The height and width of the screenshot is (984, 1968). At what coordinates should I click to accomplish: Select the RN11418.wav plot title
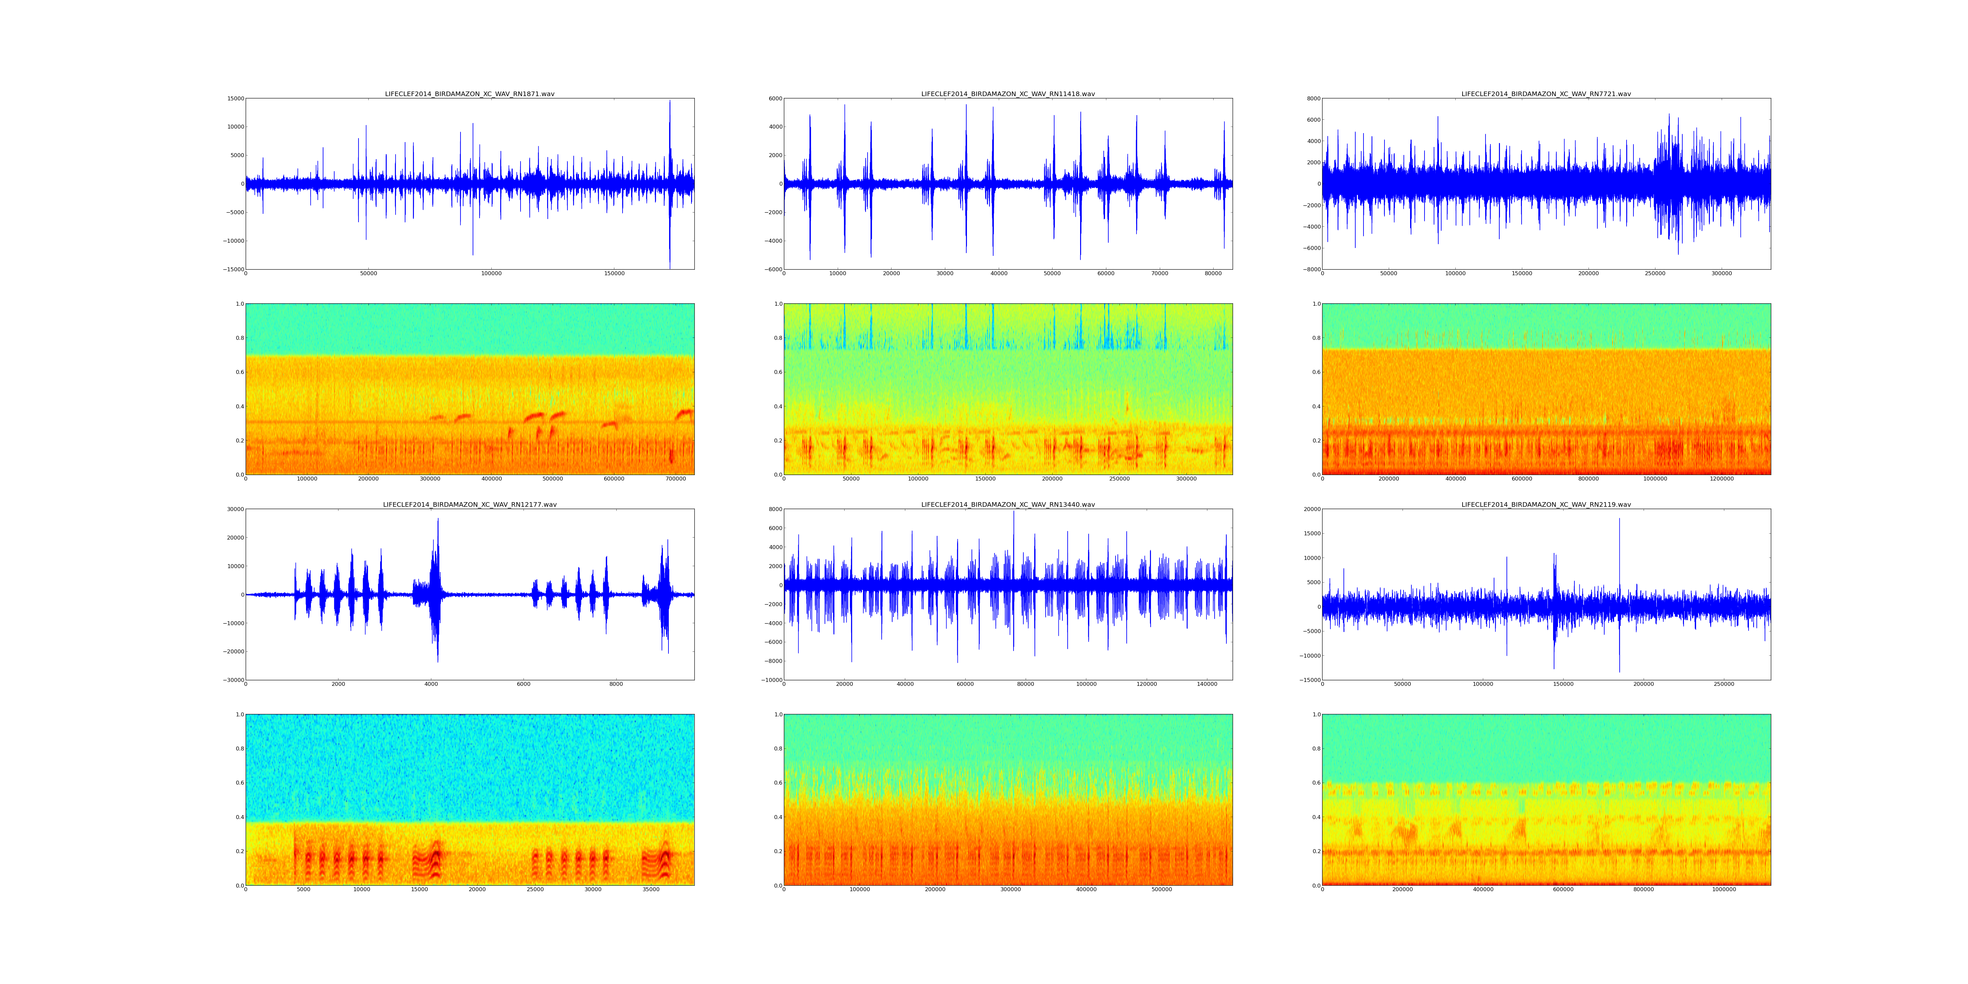1008,94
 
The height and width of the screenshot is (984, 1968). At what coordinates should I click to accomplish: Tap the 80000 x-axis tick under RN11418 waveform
1213,274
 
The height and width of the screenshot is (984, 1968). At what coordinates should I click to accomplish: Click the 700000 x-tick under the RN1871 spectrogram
676,479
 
